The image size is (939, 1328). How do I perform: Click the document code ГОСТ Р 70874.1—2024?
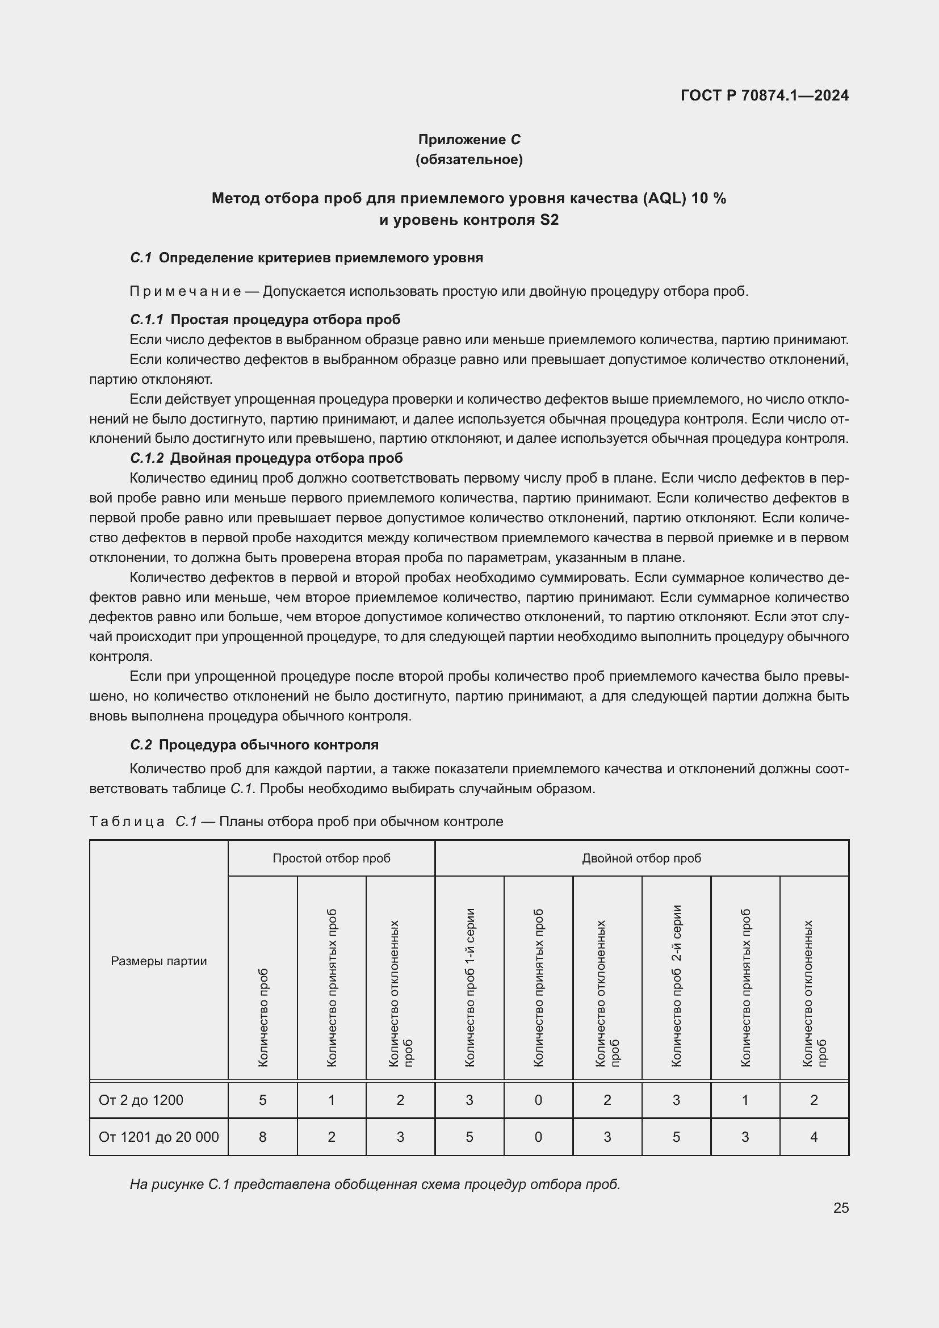tap(764, 95)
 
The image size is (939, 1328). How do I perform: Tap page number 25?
tap(841, 1208)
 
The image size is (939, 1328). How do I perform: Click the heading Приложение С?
tap(469, 140)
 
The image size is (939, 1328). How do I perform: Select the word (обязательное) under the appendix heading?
tap(469, 160)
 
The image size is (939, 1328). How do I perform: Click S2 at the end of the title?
tap(549, 220)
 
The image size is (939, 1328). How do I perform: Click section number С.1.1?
tap(147, 320)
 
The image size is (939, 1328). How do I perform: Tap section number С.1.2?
tap(147, 458)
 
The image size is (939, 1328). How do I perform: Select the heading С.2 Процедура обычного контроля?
tap(254, 744)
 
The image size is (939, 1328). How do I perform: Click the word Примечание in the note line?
tap(186, 291)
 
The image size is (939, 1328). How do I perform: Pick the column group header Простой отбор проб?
tap(332, 858)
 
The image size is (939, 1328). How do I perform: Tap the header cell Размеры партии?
tap(158, 961)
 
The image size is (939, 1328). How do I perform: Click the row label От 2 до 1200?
tap(141, 1100)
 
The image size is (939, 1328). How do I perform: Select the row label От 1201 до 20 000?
tap(158, 1137)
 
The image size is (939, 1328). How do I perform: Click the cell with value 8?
tap(262, 1137)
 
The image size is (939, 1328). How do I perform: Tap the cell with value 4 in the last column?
tap(814, 1137)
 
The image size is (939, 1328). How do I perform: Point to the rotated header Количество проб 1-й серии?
tap(469, 987)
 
